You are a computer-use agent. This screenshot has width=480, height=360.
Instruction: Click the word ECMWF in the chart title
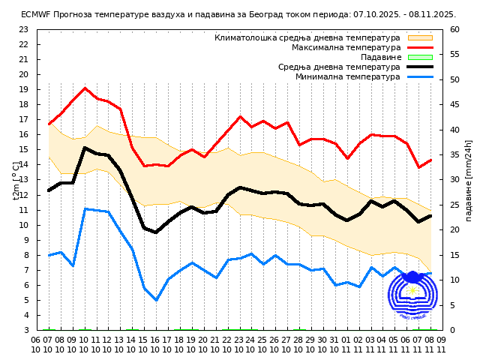(34, 14)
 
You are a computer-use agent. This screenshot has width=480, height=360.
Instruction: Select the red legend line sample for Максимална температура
(420, 47)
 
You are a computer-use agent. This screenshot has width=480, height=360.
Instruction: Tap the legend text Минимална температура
(347, 76)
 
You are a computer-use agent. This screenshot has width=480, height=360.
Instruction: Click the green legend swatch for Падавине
(420, 57)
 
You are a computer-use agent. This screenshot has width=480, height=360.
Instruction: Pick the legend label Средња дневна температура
(339, 67)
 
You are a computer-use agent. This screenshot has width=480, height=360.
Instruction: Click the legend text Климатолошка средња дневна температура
(307, 37)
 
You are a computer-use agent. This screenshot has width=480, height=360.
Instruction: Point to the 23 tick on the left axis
(22, 29)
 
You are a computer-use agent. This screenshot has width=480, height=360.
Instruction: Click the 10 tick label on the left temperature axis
(22, 225)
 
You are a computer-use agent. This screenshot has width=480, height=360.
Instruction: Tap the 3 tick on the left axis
(25, 330)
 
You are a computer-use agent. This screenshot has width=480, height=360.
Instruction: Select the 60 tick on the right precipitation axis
(455, 29)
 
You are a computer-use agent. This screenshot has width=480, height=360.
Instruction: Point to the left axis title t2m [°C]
(16, 180)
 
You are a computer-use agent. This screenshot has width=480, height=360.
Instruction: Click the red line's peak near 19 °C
(85, 88)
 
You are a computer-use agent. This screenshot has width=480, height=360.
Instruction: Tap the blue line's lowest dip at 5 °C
(156, 300)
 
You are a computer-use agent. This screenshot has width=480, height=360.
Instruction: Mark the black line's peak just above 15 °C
(85, 148)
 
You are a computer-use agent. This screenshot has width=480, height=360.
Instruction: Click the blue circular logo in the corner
(412, 296)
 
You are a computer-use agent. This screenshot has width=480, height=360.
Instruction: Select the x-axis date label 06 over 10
(36, 344)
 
